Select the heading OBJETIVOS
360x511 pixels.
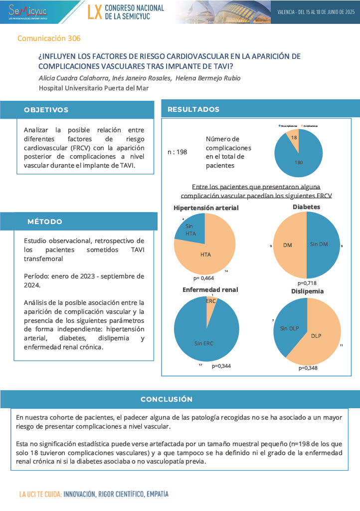[46, 110]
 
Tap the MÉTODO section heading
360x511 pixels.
[45, 222]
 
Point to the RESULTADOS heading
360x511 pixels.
[193, 109]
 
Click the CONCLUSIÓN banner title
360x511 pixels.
[167, 399]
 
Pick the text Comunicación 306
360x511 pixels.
[49, 38]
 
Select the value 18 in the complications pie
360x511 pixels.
[295, 137]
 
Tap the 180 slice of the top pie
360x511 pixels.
[299, 162]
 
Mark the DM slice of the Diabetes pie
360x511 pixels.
[288, 245]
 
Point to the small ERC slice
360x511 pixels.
[211, 301]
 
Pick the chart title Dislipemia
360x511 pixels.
[308, 291]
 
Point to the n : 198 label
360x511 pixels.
[177, 152]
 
